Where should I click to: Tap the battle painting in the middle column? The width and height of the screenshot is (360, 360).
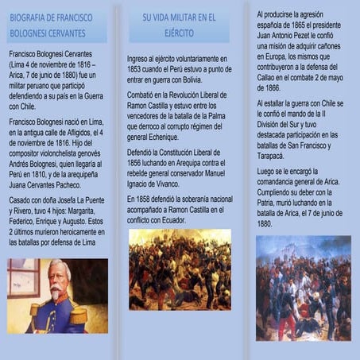(180, 269)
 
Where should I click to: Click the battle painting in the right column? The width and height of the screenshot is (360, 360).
(303, 287)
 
